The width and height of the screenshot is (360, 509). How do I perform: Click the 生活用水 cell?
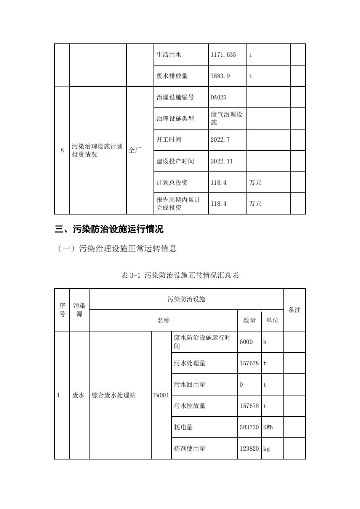169,55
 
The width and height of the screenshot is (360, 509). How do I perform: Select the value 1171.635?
223,55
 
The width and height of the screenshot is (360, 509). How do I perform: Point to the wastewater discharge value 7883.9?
220,76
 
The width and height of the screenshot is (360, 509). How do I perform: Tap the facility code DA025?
218,98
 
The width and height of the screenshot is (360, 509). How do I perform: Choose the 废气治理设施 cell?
227,118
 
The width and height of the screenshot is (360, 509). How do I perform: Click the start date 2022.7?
220,140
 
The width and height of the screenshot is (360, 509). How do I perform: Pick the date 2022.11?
221,162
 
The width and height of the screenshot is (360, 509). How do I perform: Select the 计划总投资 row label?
172,183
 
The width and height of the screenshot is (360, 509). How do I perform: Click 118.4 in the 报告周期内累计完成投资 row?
218,204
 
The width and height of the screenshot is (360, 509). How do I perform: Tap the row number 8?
62,150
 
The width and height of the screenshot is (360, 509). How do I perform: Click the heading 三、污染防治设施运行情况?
109,229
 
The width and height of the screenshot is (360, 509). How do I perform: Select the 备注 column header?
294,310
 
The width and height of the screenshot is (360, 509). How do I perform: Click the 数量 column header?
250,321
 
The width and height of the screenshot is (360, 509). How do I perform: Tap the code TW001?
161,395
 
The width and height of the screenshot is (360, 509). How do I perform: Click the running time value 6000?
246,342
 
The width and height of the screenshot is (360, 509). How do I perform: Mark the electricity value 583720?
249,427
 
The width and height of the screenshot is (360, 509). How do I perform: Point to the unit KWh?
268,427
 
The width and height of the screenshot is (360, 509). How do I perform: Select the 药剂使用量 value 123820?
249,449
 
